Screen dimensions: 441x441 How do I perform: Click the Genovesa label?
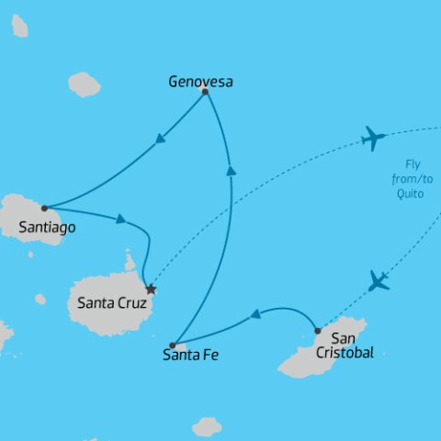[200, 82]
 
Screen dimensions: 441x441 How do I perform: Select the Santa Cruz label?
[110, 301]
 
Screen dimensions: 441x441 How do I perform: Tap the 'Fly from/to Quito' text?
[403, 180]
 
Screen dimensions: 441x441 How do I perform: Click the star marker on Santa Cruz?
[152, 290]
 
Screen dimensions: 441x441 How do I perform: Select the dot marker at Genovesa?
[205, 92]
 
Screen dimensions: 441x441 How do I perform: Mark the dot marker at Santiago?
[44, 208]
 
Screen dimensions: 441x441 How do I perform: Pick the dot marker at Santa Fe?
[173, 345]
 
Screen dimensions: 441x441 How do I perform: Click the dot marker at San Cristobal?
[317, 331]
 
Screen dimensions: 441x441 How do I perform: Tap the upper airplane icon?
[373, 138]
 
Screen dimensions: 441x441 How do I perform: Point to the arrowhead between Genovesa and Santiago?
[161, 140]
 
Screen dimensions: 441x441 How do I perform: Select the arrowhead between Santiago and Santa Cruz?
[120, 219]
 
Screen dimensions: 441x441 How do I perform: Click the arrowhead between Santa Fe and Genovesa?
[230, 168]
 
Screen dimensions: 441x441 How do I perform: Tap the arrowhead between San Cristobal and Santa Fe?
[255, 316]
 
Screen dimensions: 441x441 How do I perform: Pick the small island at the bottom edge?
[207, 427]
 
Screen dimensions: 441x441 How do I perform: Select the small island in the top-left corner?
[18, 26]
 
